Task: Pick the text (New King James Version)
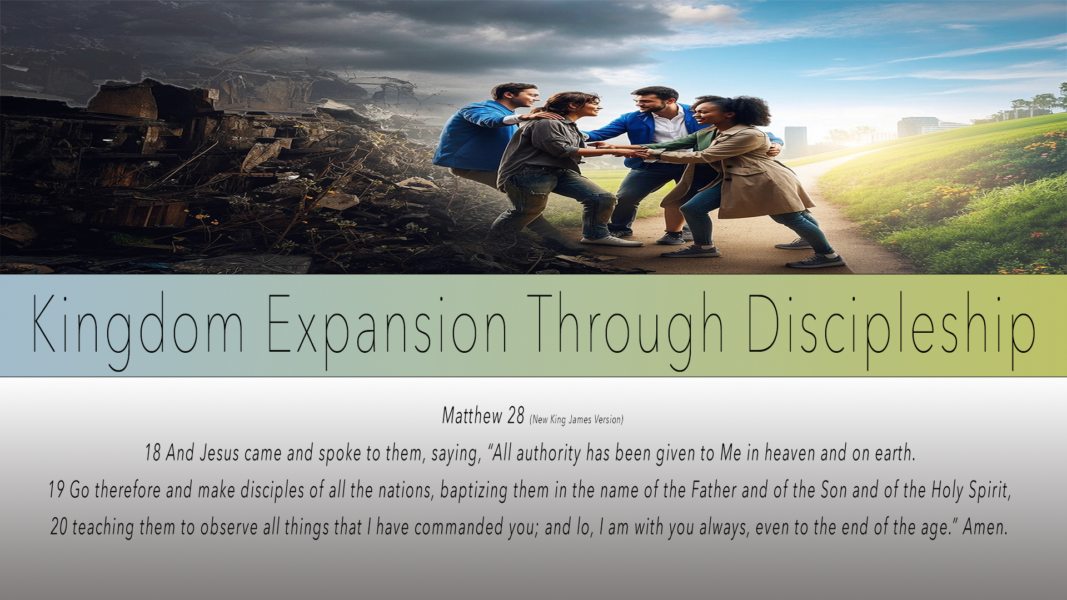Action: (577, 419)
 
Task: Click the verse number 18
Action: (152, 453)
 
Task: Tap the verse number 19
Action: (57, 489)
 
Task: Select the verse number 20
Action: (59, 527)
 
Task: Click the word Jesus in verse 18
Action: (219, 453)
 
